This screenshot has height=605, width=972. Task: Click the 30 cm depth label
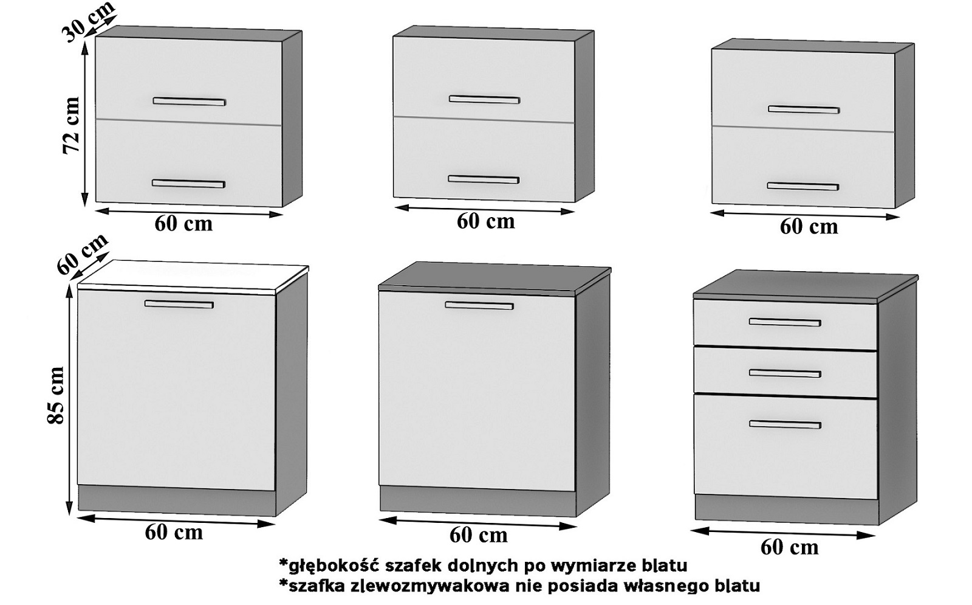[x=89, y=21]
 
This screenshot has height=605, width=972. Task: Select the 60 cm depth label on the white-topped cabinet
[x=83, y=253]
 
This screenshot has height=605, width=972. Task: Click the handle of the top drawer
[x=785, y=322]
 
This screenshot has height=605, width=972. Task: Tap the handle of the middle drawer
[x=785, y=373]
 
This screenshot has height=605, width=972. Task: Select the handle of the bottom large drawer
[x=785, y=424]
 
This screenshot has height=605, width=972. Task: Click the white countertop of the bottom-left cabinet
[x=193, y=277]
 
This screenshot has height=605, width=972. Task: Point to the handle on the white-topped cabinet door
[x=179, y=304]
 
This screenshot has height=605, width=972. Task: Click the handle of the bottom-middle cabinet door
[x=479, y=305]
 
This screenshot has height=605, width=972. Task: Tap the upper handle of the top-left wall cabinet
[x=189, y=101]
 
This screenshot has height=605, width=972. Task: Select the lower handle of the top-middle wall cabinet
[x=484, y=179]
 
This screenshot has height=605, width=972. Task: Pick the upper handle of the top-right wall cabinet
[x=804, y=109]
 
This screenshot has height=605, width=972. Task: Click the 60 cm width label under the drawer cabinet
[x=789, y=547]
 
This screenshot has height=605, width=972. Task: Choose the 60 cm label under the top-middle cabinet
[x=485, y=221]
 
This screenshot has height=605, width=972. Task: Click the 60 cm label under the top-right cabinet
[x=809, y=227]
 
